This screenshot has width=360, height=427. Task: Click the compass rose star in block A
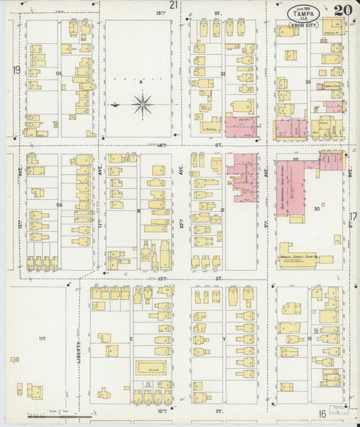click(142, 104)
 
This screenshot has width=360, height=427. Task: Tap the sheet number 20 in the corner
click(342, 10)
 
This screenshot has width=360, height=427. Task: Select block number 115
click(58, 73)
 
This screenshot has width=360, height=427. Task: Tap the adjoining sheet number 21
click(174, 5)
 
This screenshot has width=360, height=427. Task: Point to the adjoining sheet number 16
click(322, 413)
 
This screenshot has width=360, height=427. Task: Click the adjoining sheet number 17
click(353, 216)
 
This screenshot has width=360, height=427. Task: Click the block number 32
click(222, 74)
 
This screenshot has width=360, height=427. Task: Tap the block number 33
click(307, 82)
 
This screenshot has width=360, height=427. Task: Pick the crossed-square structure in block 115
click(72, 116)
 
